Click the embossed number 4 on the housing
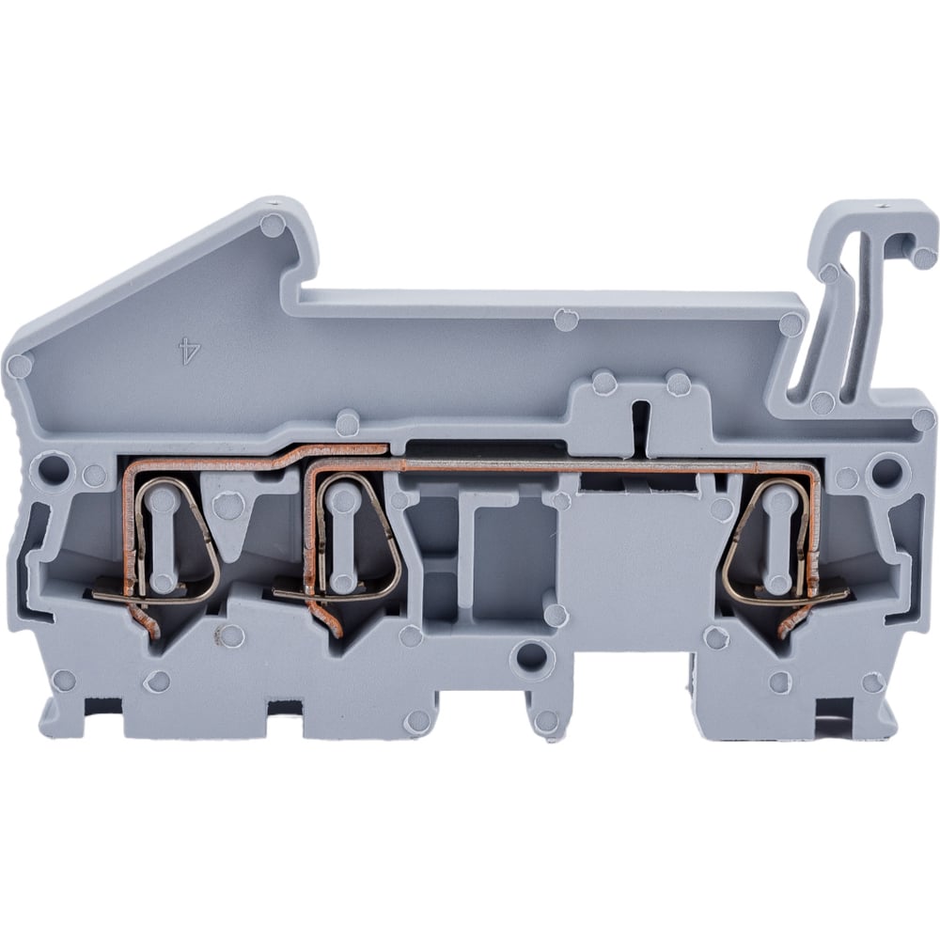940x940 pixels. click(190, 352)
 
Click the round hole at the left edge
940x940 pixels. click(52, 469)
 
